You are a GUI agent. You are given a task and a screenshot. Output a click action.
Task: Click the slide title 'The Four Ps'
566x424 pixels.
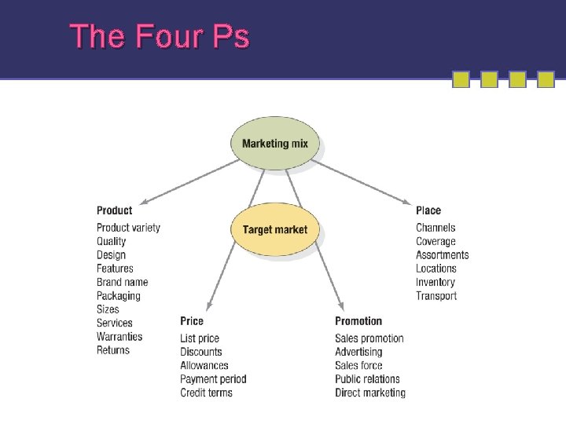[160, 36]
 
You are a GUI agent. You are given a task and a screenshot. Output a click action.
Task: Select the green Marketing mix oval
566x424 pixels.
[275, 144]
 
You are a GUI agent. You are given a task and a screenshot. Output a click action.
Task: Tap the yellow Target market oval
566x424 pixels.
[275, 230]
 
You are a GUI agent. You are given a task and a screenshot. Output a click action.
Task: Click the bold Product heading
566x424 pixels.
[115, 210]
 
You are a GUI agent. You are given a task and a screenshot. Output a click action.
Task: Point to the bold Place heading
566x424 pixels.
[428, 210]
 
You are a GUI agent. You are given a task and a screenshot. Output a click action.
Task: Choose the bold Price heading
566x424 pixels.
[192, 321]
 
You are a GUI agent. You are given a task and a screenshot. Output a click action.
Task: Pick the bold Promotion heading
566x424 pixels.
[358, 321]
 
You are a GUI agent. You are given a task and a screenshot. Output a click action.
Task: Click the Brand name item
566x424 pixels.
[123, 282]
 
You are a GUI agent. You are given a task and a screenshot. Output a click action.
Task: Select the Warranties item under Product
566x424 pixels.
[119, 336]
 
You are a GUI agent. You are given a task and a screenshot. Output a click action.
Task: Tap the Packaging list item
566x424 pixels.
[119, 296]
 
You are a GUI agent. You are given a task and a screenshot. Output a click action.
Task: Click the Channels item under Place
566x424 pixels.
[436, 228]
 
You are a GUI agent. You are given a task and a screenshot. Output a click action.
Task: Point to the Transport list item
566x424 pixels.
[436, 296]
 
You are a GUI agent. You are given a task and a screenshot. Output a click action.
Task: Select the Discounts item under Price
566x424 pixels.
[201, 352]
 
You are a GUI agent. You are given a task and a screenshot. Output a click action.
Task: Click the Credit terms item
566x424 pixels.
[207, 393]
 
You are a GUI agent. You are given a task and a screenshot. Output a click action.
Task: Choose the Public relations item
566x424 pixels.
[367, 379]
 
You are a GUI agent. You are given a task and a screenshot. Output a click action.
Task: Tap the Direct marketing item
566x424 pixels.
[370, 393]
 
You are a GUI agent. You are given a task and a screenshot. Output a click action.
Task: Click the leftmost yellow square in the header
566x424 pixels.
[461, 79]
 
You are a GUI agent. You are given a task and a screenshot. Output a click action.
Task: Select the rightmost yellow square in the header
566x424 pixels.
[546, 79]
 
